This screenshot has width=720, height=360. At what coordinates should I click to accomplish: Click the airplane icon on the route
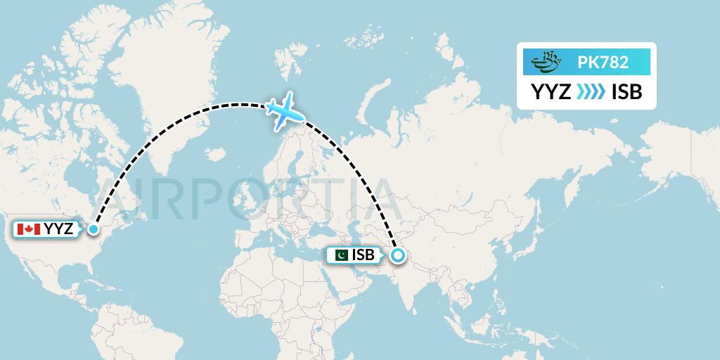pos(285,111)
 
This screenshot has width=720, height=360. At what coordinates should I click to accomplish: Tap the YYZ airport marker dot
pos(94,229)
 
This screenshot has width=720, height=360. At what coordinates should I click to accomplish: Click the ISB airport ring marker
pos(398,255)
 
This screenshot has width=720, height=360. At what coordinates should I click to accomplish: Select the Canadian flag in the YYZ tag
pos(29,229)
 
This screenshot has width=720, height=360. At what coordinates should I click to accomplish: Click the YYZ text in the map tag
pos(58,229)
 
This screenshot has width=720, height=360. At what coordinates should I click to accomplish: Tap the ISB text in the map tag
pos(363,255)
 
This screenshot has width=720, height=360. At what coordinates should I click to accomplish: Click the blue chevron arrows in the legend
pos(591,92)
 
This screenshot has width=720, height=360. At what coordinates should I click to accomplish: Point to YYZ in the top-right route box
pos(551,92)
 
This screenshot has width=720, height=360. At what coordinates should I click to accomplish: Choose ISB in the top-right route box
pos(627,92)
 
